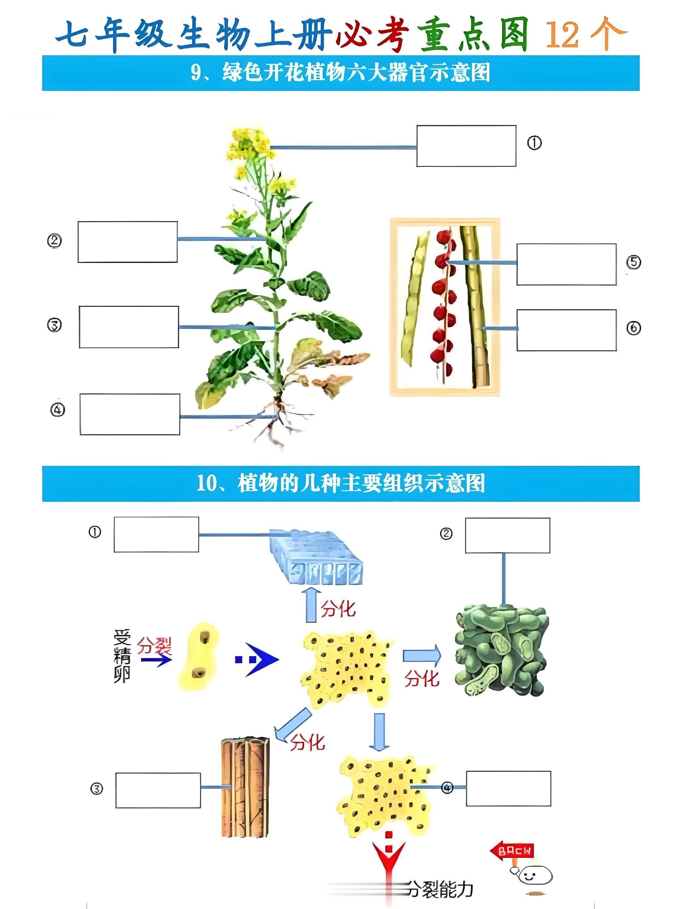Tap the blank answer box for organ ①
pyautogui.click(x=466, y=146)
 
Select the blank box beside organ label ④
pyautogui.click(x=129, y=414)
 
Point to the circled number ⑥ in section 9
pyautogui.click(x=633, y=328)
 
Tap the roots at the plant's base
pyautogui.click(x=273, y=423)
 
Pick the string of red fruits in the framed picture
pyautogui.click(x=443, y=304)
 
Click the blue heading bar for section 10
pyautogui.click(x=340, y=484)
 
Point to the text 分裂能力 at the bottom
pyautogui.click(x=440, y=890)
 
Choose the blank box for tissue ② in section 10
pyautogui.click(x=507, y=535)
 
